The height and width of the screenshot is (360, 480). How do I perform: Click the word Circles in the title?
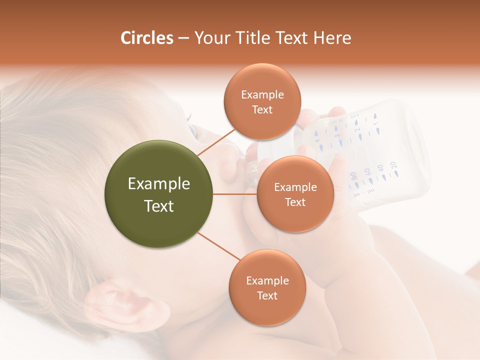click(147, 38)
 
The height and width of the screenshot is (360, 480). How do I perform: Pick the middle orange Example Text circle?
click(295, 194)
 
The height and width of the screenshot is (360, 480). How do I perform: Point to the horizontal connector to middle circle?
click(235, 194)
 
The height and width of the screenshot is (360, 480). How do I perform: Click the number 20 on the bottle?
click(393, 164)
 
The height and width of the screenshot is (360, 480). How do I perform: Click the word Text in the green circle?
click(159, 206)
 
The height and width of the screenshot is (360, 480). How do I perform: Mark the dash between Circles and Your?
click(183, 38)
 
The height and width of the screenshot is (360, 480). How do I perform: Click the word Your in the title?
click(212, 38)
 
